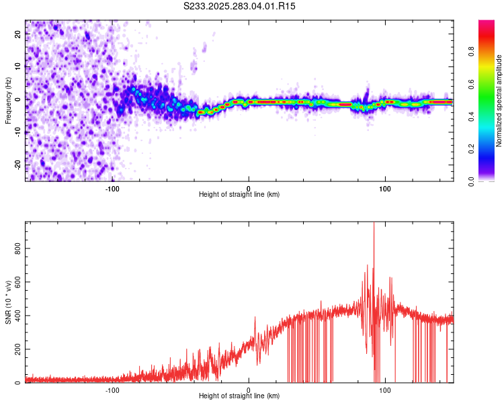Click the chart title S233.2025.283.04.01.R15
[x=240, y=6]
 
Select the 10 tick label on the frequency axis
[x=18, y=66]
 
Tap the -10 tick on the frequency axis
[x=18, y=132]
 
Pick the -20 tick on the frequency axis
[x=18, y=164]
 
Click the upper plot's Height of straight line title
[x=240, y=195]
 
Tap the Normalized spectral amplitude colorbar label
[x=499, y=101]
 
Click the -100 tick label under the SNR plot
[x=112, y=390]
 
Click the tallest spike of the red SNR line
[x=374, y=224]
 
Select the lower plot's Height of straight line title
[x=240, y=397]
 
